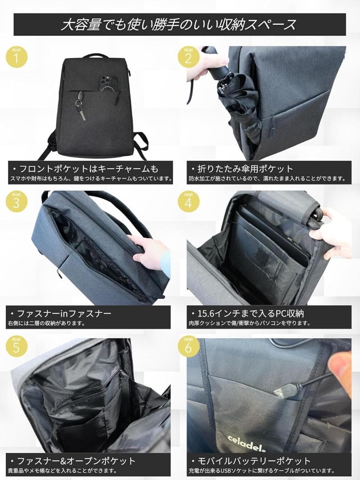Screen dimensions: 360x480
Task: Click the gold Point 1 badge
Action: (16, 57)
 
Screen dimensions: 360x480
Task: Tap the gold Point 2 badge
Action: (188, 57)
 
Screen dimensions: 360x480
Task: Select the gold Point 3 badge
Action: (16, 201)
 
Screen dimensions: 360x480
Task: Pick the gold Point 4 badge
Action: (188, 201)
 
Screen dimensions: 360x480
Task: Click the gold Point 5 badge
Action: (16, 346)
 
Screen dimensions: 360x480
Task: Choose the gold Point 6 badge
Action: (188, 346)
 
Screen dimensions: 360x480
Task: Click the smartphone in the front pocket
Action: (107, 83)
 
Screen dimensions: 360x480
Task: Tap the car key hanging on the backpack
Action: (80, 105)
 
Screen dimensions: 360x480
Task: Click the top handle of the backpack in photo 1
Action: (95, 56)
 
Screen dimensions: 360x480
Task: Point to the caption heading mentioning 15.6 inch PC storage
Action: (248, 313)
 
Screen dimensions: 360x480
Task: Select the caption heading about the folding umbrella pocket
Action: (243, 169)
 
